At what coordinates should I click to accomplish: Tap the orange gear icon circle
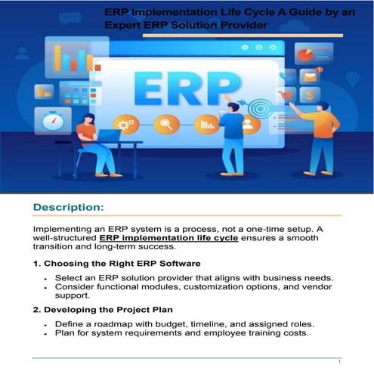point(125,124)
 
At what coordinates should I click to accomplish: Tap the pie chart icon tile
point(304,54)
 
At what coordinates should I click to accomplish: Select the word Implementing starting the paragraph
point(64,227)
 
